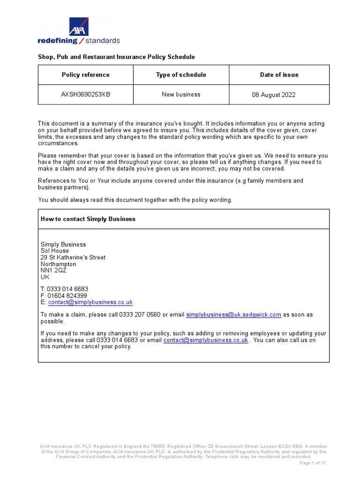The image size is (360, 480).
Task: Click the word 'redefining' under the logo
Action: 57,41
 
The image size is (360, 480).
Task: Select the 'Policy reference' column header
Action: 85,75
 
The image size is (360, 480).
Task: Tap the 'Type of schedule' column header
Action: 181,75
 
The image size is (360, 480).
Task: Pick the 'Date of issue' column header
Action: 279,75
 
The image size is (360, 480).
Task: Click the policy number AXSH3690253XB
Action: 85,95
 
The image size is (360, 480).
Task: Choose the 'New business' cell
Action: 181,95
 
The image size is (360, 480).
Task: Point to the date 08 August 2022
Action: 274,95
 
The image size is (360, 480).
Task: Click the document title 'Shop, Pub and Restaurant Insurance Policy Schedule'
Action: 116,57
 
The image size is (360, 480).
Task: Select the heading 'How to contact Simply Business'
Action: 88,219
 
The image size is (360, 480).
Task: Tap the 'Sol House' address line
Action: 55,251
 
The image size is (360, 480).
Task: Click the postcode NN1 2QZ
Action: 53,270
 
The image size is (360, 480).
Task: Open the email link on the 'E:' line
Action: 90,302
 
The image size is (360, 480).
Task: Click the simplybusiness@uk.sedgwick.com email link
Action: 233,315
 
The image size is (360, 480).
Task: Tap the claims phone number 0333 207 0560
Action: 140,315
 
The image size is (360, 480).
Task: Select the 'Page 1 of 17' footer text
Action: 313,463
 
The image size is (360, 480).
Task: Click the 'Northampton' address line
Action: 58,264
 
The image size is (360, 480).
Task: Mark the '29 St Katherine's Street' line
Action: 73,257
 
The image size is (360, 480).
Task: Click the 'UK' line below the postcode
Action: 45,277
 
